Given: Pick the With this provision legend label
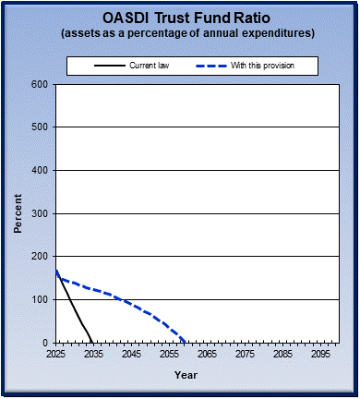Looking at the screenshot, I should pos(279,66).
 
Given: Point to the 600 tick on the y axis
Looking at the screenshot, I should pos(40,84).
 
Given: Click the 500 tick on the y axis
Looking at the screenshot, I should pos(40,127).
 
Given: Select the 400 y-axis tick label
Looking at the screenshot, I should pos(40,170).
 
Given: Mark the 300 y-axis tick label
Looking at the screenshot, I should pos(40,213).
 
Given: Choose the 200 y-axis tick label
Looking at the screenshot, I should pos(40,256).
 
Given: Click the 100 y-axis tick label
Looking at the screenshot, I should pos(40,299).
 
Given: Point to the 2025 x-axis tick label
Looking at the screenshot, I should pos(56,354).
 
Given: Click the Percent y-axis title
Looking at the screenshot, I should pos(18,213).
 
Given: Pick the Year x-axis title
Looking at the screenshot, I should pos(186,375).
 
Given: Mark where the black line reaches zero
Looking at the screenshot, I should pos(92,342).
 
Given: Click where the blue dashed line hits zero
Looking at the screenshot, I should pos(186,342).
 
